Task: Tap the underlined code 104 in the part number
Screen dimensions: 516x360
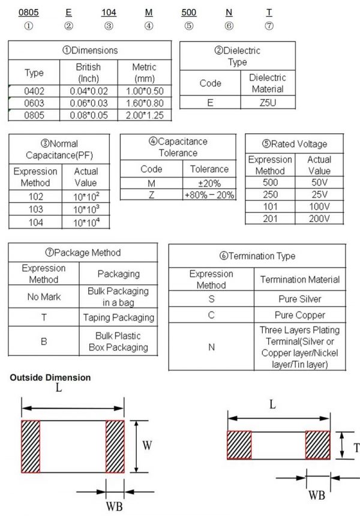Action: (x=109, y=11)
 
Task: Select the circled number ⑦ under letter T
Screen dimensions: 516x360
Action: (x=269, y=26)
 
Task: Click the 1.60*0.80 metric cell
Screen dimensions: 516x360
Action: (x=144, y=103)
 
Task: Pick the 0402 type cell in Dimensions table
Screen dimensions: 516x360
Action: (x=34, y=91)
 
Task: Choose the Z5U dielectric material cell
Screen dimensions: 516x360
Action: (x=267, y=103)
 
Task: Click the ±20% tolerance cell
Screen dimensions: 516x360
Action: (x=209, y=183)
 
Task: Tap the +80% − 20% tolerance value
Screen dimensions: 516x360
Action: (x=209, y=195)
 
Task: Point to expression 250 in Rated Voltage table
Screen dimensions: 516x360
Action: (x=270, y=195)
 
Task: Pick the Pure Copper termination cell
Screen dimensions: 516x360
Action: (x=300, y=315)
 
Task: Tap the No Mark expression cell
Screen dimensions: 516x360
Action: (x=44, y=296)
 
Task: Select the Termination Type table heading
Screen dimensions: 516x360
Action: (x=257, y=256)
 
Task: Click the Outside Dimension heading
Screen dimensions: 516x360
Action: (x=50, y=377)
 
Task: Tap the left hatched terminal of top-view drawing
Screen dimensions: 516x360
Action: (x=31, y=446)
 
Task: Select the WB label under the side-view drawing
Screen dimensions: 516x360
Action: (x=317, y=495)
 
